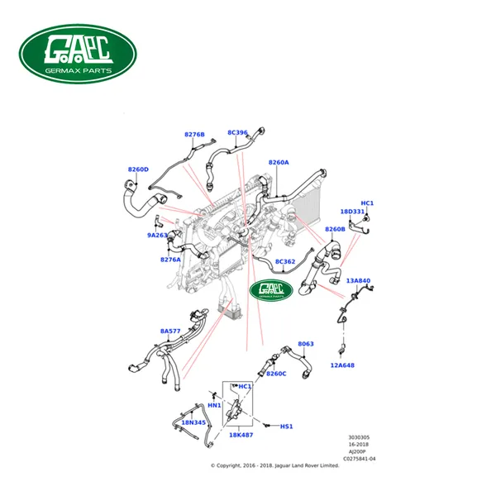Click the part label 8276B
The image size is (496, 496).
tap(194, 134)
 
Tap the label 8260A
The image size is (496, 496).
tap(279, 163)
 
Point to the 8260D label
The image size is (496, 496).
tap(138, 169)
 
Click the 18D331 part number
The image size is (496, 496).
tap(354, 212)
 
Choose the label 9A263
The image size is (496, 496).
tap(157, 235)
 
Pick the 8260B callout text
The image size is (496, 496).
tap(335, 230)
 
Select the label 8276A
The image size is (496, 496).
tap(171, 260)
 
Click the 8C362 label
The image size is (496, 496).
tap(285, 262)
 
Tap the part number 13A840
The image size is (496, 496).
tap(358, 281)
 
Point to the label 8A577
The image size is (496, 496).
tap(170, 331)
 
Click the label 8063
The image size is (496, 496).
tap(306, 344)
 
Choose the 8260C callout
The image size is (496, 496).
tap(276, 374)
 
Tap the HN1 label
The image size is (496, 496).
tap(213, 405)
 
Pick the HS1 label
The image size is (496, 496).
tap(287, 427)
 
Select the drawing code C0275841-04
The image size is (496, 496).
tap(360, 459)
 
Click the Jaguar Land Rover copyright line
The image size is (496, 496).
tap(275, 465)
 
